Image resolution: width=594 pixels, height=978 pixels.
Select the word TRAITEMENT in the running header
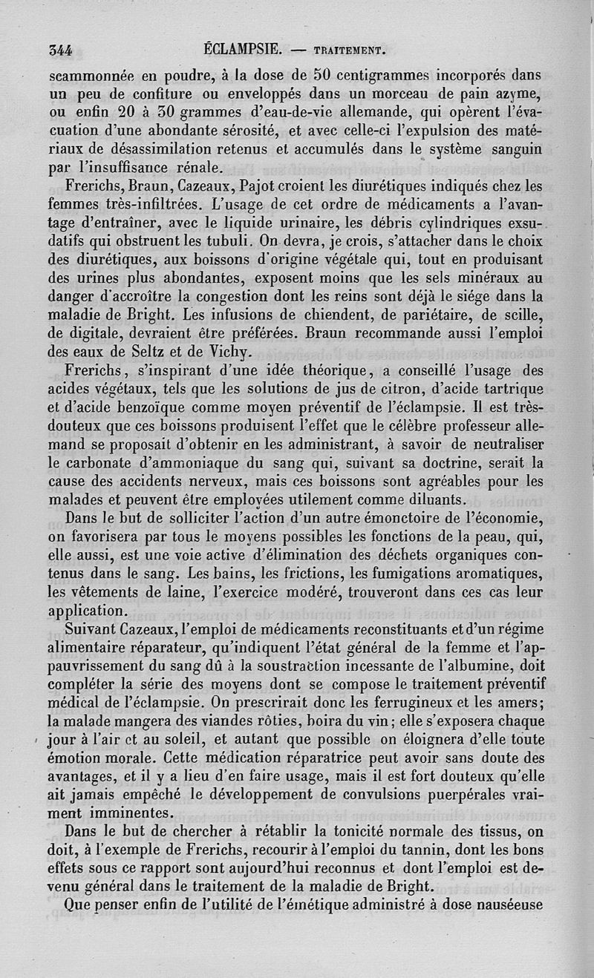[x=348, y=51]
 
